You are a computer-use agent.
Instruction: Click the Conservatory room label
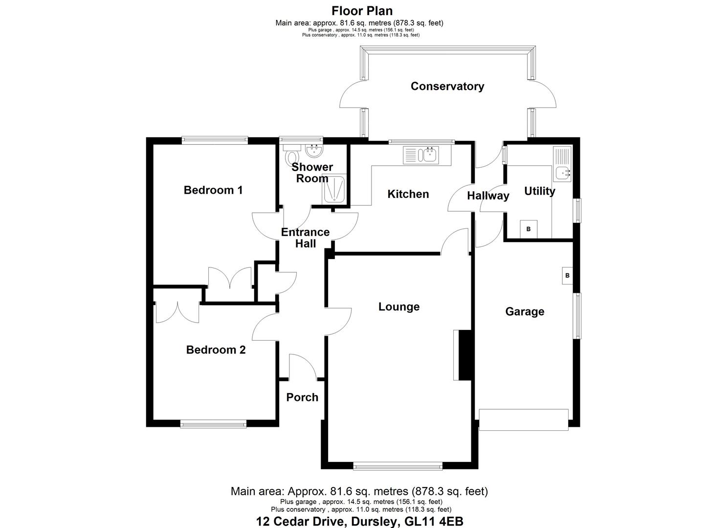pos(447,87)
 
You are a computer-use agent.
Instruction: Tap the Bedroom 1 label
pos(213,190)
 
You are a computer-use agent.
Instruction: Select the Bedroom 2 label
pos(216,350)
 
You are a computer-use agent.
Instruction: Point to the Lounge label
pos(399,307)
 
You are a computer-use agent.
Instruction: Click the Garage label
pos(524,312)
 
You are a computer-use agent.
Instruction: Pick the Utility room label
pos(539,191)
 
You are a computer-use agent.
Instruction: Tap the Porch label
pos(302,397)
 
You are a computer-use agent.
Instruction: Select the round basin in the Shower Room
pos(313,150)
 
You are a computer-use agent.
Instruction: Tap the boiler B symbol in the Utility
pos(528,229)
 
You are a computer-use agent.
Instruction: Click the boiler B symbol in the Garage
pos(567,276)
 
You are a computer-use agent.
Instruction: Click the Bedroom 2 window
pos(213,424)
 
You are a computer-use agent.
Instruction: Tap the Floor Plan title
pos(362,11)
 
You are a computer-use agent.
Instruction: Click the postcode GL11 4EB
pos(434,522)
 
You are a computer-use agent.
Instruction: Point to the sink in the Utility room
pos(563,173)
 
